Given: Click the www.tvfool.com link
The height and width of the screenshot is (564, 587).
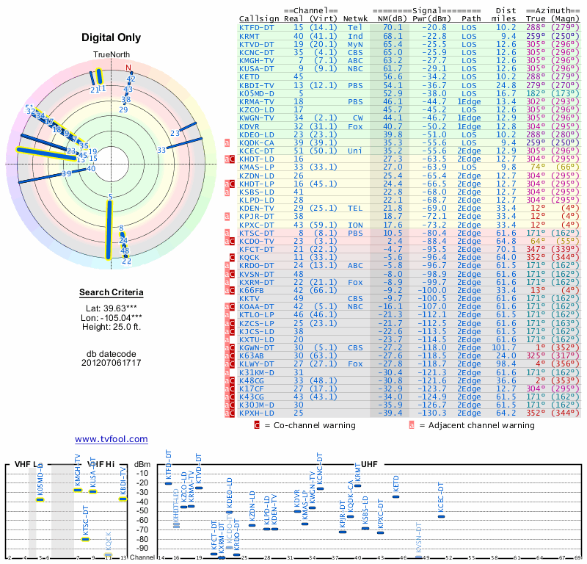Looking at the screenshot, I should [112, 439].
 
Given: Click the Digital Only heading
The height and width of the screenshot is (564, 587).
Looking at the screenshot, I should [112, 37].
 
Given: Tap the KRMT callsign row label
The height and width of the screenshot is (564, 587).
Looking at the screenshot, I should [249, 35].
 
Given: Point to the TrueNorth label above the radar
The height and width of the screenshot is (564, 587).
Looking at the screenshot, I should [111, 55].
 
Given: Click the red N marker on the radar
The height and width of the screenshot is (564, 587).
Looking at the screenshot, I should [130, 68].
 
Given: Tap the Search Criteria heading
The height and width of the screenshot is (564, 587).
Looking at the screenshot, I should [112, 293].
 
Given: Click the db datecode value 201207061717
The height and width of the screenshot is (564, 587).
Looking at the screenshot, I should [112, 363].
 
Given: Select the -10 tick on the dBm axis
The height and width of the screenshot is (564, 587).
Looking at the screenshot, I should [143, 473].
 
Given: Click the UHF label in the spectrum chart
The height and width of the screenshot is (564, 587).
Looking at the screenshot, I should [370, 464].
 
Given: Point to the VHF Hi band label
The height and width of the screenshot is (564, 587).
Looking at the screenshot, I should [100, 464].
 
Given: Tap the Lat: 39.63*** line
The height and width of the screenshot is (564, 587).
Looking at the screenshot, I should [112, 309].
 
